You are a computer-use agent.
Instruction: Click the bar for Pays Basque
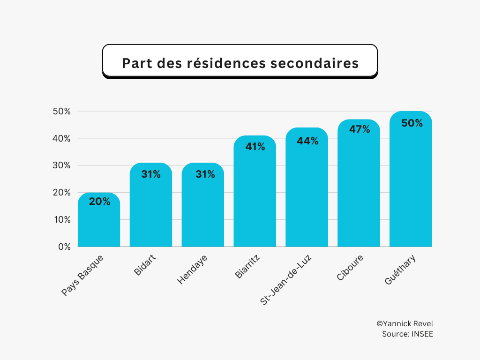point(99,223)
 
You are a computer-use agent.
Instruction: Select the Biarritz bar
point(255,197)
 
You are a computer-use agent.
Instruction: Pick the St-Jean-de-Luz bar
point(307,192)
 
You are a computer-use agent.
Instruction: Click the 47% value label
point(360,129)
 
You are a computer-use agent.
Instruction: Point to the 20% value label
point(99,202)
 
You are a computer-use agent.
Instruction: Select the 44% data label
point(307,141)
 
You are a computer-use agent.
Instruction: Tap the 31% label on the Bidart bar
point(151,174)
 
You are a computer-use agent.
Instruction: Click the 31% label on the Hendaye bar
point(203,174)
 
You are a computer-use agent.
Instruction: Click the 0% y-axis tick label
point(64,247)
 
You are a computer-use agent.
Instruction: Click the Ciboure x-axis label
point(350,269)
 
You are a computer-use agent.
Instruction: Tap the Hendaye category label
point(192,270)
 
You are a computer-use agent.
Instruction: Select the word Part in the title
point(137,63)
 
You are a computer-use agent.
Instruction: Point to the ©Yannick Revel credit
point(405,324)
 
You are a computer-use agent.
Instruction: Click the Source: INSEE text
point(407,334)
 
